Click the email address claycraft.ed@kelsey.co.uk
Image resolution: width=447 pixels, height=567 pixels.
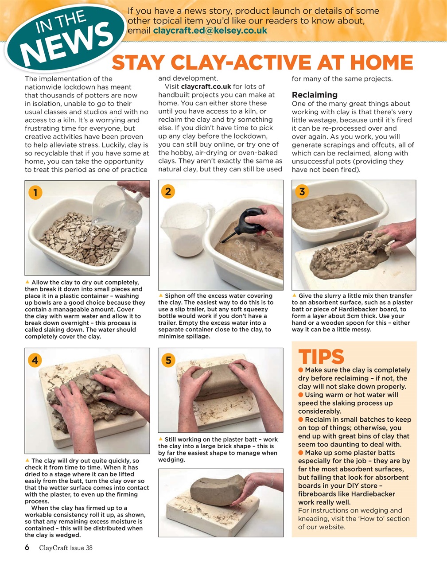[210, 31]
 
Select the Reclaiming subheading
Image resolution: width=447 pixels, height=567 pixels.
[315, 95]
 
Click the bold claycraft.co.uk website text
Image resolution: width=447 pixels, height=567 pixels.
[206, 86]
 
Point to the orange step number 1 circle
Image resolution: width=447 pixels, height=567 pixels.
[35, 192]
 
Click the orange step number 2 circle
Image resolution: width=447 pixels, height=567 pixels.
[168, 191]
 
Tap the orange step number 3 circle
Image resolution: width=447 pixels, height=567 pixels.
[302, 191]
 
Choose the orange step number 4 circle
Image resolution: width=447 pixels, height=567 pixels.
[35, 360]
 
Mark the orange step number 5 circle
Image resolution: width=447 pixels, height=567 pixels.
[168, 360]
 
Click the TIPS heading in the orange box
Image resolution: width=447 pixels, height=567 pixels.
[321, 357]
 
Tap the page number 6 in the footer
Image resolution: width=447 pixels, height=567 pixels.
[27, 548]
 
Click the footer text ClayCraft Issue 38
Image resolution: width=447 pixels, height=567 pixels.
[66, 548]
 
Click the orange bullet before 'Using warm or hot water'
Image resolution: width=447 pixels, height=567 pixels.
[301, 395]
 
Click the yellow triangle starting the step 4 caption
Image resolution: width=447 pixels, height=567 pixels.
[27, 461]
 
